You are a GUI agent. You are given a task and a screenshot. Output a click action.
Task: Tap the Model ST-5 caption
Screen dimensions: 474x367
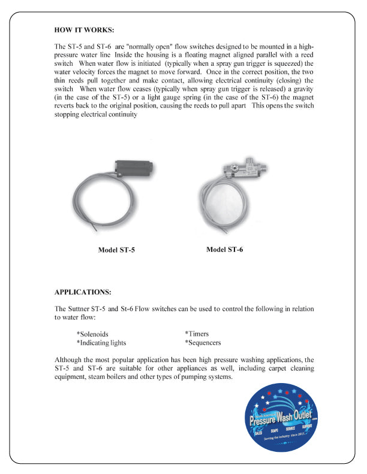coord(117,250)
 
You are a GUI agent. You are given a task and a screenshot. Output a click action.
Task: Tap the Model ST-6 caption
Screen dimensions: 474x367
coord(225,249)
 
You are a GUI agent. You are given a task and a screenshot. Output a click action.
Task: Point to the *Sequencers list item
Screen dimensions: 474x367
coord(203,343)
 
